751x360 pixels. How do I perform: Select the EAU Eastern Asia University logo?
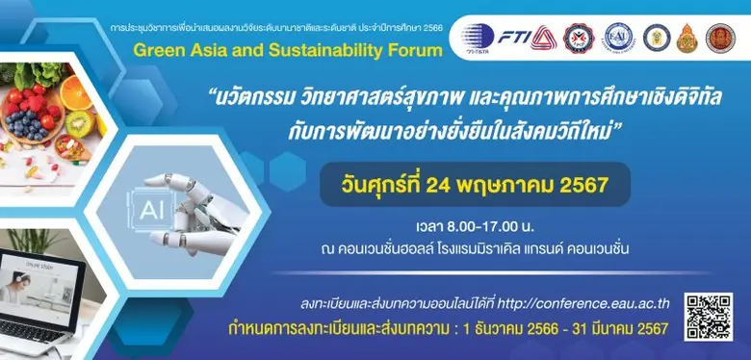[x=621, y=38]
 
